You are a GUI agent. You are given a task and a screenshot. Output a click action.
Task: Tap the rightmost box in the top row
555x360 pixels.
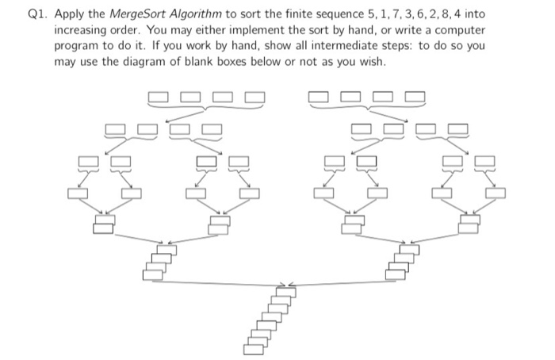415,98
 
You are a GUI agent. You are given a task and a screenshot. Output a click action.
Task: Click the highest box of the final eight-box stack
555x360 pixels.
286,293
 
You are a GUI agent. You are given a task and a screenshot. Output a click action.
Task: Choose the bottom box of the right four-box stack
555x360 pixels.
395,274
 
